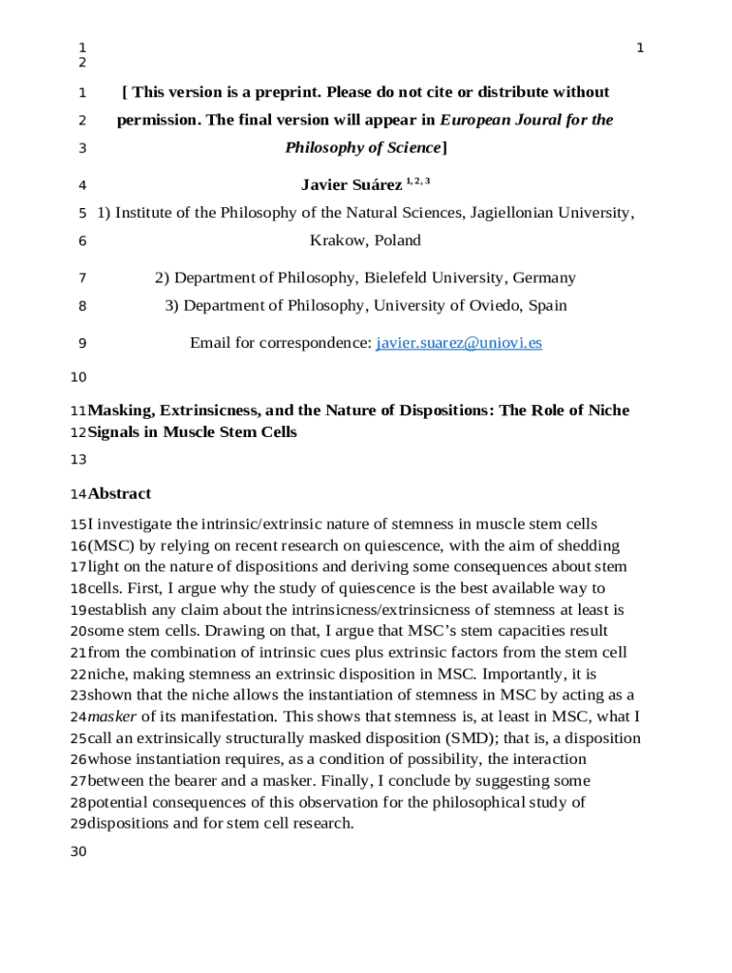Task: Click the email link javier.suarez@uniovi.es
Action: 459,343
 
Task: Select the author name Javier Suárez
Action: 351,184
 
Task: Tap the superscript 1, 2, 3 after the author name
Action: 418,181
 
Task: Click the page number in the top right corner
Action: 640,48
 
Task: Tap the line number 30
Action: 78,851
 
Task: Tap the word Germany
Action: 544,277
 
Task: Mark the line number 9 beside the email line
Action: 83,343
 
